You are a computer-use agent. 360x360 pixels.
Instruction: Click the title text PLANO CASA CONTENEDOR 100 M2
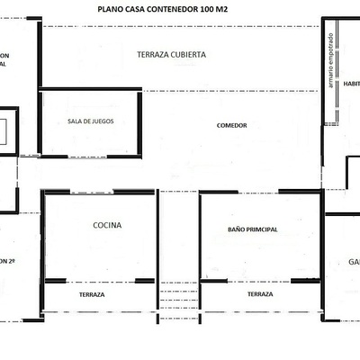coord(162,11)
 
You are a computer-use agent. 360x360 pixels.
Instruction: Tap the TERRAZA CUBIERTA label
coord(171,55)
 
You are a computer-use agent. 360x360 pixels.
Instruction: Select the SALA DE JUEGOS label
coord(90,122)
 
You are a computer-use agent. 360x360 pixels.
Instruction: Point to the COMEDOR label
coord(232,126)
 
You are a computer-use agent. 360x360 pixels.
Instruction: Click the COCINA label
coord(107,226)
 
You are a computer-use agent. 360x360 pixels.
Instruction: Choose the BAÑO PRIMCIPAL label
coord(253,229)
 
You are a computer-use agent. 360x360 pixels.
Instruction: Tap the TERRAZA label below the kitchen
coord(91,294)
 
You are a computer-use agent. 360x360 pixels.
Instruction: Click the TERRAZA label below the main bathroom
coord(260,294)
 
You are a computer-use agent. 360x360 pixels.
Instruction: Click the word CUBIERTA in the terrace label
coord(188,55)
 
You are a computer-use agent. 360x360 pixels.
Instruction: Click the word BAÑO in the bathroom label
coord(237,229)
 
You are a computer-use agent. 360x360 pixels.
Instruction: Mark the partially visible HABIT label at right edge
coord(351,83)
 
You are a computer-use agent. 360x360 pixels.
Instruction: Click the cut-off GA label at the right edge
coord(354,263)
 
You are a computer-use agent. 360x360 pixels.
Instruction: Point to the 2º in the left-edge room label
coord(12,261)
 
